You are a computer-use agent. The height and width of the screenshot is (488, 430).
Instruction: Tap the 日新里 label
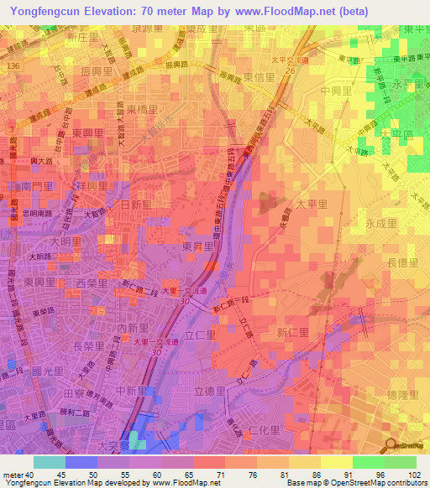137,205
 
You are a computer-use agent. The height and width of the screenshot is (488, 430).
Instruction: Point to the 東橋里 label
143,110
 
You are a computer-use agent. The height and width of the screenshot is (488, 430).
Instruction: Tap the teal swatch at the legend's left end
49,462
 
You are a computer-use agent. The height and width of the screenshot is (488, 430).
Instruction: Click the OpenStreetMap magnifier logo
391,444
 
